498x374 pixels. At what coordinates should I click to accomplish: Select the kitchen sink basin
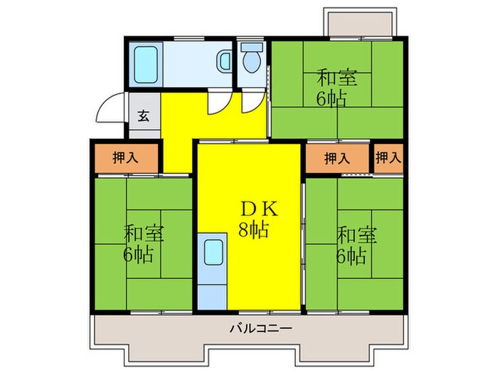point(213,253)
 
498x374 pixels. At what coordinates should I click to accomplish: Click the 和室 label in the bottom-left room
point(141,234)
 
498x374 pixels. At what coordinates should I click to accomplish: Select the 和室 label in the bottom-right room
point(352,234)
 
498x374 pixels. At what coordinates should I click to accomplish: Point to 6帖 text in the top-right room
point(332,98)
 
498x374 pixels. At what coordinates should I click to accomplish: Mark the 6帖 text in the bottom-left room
point(141,254)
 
